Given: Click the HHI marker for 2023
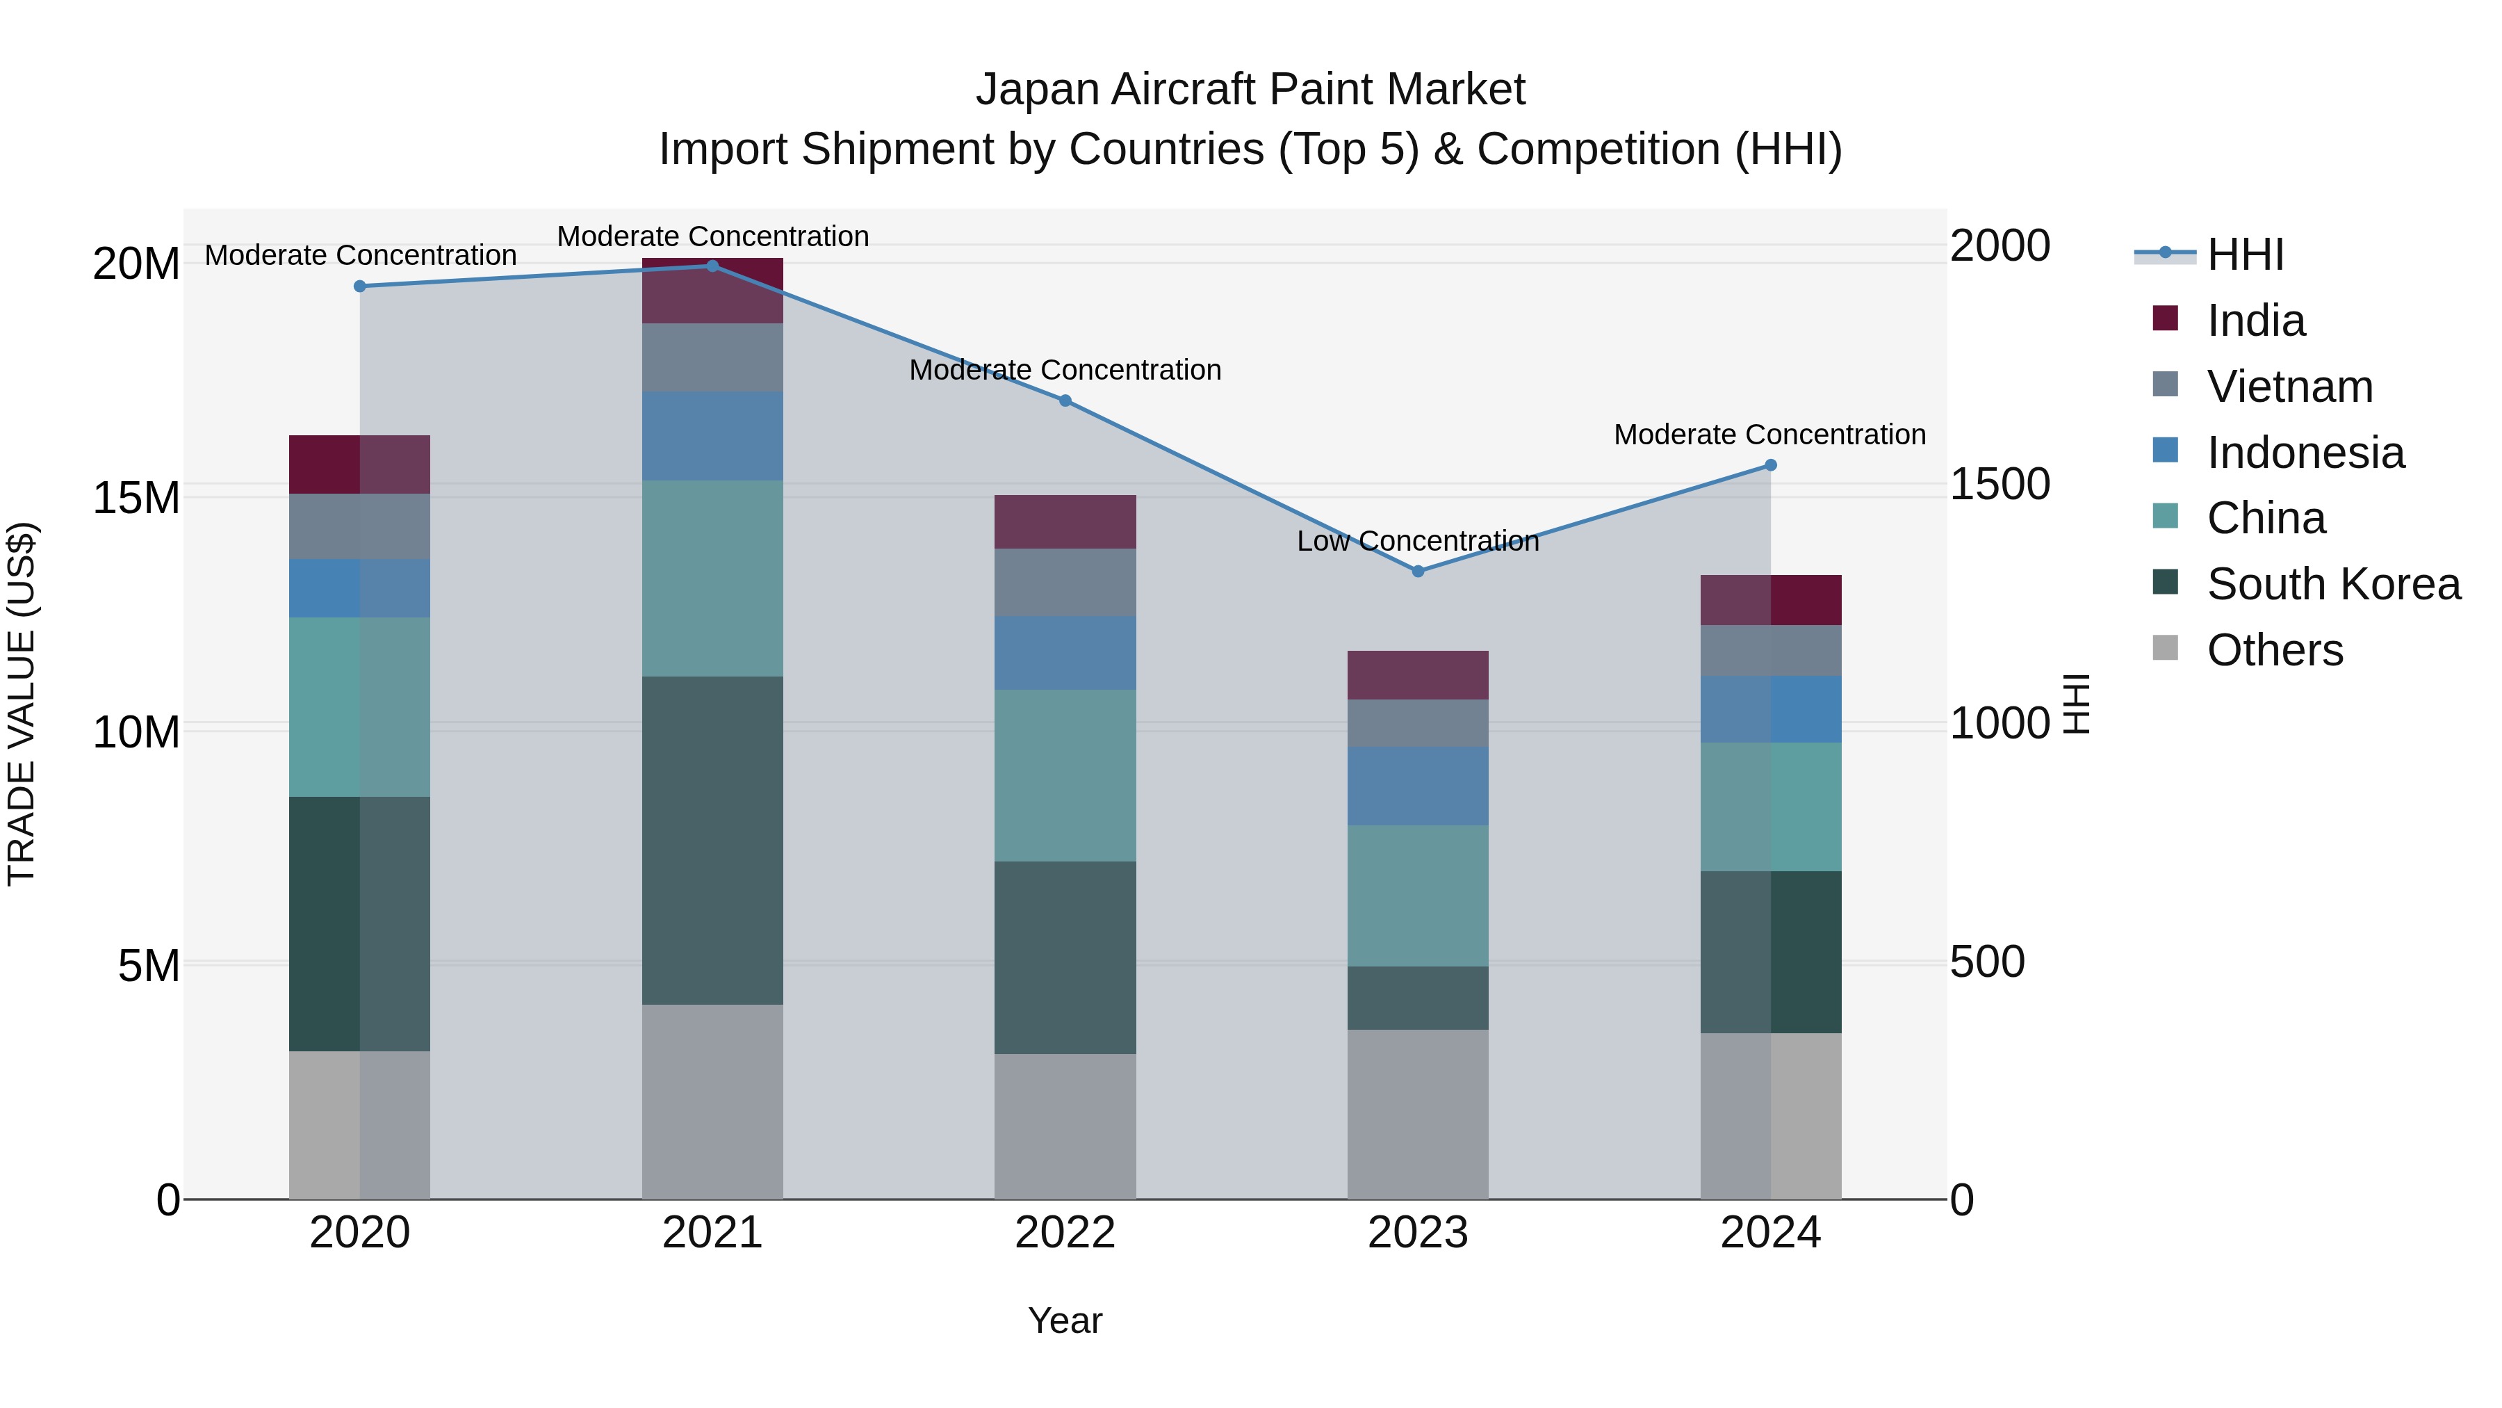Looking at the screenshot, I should click(1417, 572).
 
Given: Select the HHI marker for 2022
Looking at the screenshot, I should click(1065, 400).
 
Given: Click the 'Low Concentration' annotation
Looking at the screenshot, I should click(1417, 541).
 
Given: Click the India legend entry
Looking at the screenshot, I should click(2255, 321).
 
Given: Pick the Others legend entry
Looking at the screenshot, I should click(2274, 650).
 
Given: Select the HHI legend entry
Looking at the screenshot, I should click(2245, 254).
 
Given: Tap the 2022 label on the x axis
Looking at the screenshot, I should click(1065, 1233).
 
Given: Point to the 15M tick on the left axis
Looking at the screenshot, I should click(136, 498).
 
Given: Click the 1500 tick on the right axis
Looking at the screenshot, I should click(2000, 484).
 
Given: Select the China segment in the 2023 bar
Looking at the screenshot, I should click(1417, 896).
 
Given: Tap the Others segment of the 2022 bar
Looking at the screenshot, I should click(1065, 1126).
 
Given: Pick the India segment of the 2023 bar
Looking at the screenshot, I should click(1417, 675).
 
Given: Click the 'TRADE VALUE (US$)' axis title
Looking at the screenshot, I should click(22, 704).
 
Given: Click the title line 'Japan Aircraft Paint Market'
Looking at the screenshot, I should click(1250, 90).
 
